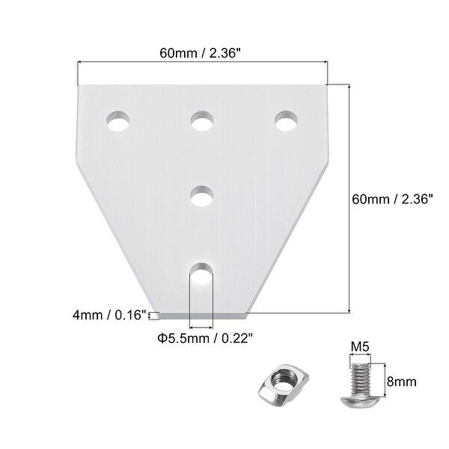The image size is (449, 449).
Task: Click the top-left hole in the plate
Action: (117, 120)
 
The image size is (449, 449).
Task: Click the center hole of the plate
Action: (201, 196)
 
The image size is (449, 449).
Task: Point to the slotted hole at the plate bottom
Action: (200, 278)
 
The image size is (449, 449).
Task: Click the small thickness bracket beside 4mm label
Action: (153, 316)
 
